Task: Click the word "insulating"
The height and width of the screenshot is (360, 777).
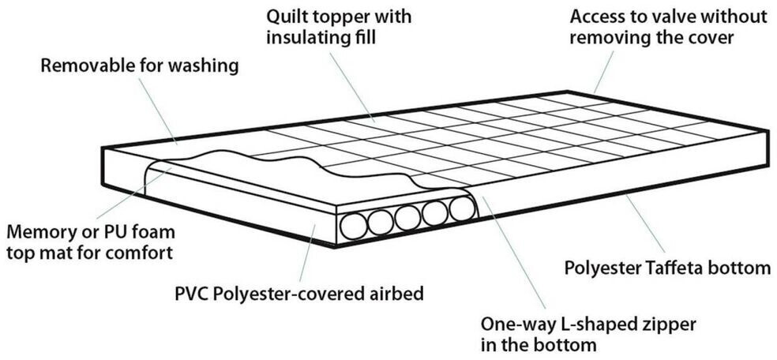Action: click(x=304, y=36)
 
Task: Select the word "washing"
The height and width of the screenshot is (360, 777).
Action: click(x=208, y=66)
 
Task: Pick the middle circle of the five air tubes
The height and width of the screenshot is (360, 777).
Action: click(x=408, y=218)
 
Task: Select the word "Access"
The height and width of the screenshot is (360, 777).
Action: click(x=595, y=16)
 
